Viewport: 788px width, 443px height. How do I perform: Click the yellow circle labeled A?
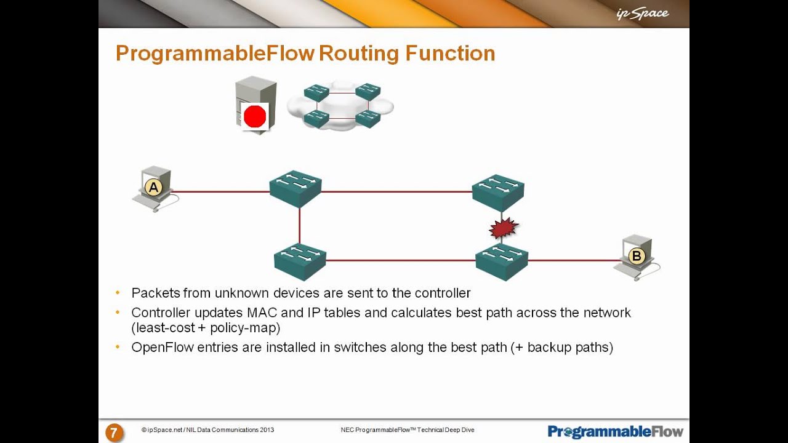(x=153, y=187)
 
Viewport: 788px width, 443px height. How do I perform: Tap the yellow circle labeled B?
(x=636, y=256)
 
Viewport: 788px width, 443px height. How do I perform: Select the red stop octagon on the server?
(x=255, y=116)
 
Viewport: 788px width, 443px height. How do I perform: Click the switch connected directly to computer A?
(x=295, y=188)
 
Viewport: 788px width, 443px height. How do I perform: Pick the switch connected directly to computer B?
(x=502, y=262)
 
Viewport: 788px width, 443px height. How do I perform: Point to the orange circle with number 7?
(x=113, y=433)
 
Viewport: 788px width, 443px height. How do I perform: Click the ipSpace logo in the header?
(x=642, y=14)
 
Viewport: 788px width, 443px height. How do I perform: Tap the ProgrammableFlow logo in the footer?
(x=615, y=431)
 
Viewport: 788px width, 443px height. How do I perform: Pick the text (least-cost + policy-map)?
(x=206, y=328)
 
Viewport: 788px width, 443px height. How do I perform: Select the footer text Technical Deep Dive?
(x=446, y=430)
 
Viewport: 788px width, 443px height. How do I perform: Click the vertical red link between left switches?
(x=300, y=226)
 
